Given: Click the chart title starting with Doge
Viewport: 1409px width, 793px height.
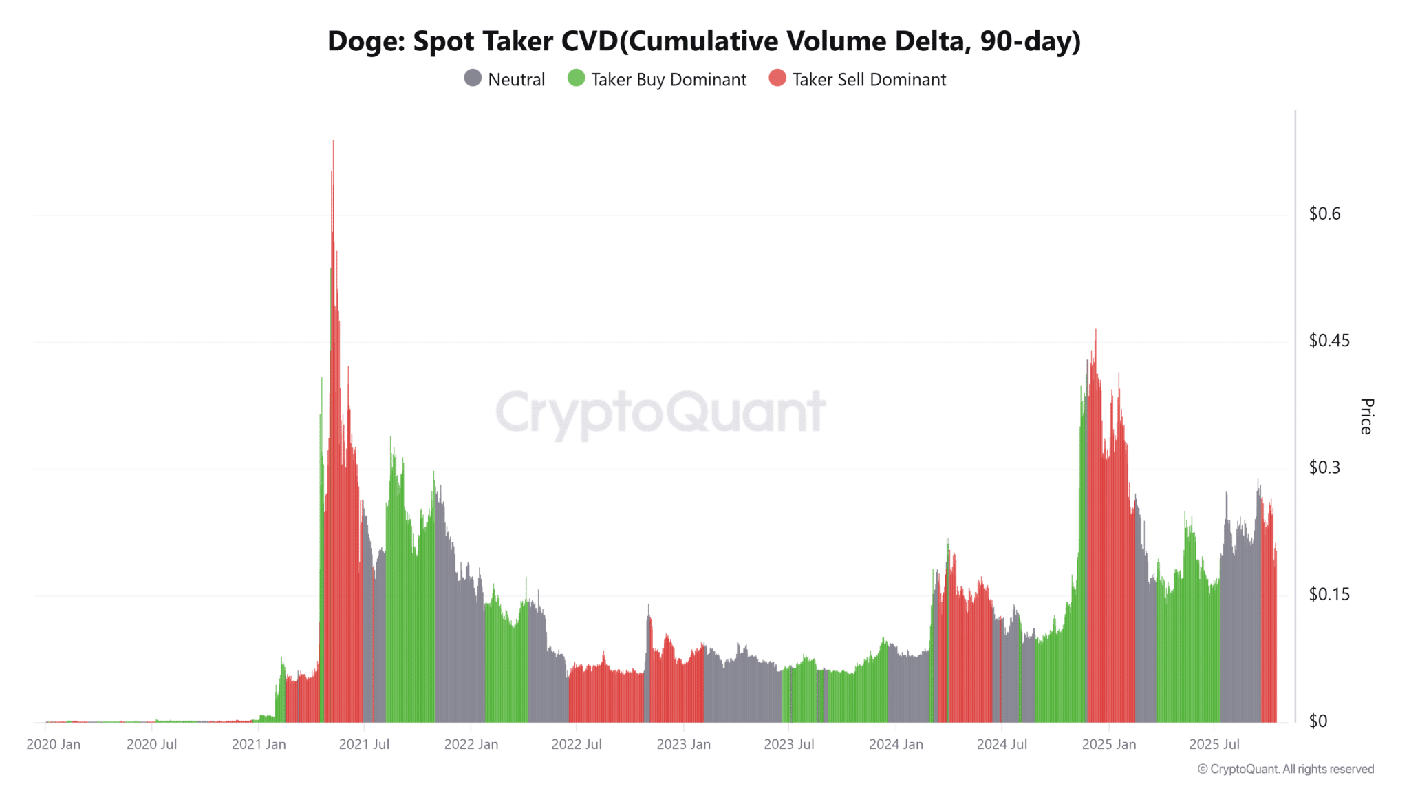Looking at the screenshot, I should (704, 41).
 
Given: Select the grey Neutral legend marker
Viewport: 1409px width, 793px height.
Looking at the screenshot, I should (473, 78).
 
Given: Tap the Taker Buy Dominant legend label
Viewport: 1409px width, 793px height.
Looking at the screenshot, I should (668, 80).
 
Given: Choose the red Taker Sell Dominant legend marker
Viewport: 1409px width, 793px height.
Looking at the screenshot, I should (777, 78).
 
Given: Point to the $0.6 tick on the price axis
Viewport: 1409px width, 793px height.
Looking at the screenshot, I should (1324, 214).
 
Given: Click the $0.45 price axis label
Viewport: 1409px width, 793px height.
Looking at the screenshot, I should (1329, 341).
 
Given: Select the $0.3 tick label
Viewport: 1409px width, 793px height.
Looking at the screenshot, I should (1324, 467).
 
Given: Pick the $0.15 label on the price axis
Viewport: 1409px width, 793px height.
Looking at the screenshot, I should (1329, 594).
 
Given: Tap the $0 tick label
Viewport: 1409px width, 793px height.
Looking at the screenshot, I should (1317, 721).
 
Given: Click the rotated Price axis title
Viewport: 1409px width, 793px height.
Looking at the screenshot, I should (1366, 416).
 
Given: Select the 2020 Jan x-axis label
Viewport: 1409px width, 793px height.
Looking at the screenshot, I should (54, 744).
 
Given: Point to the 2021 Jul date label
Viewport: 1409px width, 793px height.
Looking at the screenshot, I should (364, 744).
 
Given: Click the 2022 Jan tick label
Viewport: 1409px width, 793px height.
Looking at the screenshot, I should (471, 744).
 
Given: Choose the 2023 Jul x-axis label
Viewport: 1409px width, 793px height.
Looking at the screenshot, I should (789, 744).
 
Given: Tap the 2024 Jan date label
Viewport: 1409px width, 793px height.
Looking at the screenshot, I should (896, 744).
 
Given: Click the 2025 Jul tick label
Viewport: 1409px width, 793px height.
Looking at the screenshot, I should (1214, 744).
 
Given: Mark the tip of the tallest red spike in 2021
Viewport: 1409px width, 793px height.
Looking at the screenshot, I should (333, 142).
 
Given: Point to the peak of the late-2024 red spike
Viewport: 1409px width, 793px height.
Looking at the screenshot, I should (1095, 330).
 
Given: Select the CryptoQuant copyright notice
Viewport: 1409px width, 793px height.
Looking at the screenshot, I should (1285, 769).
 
